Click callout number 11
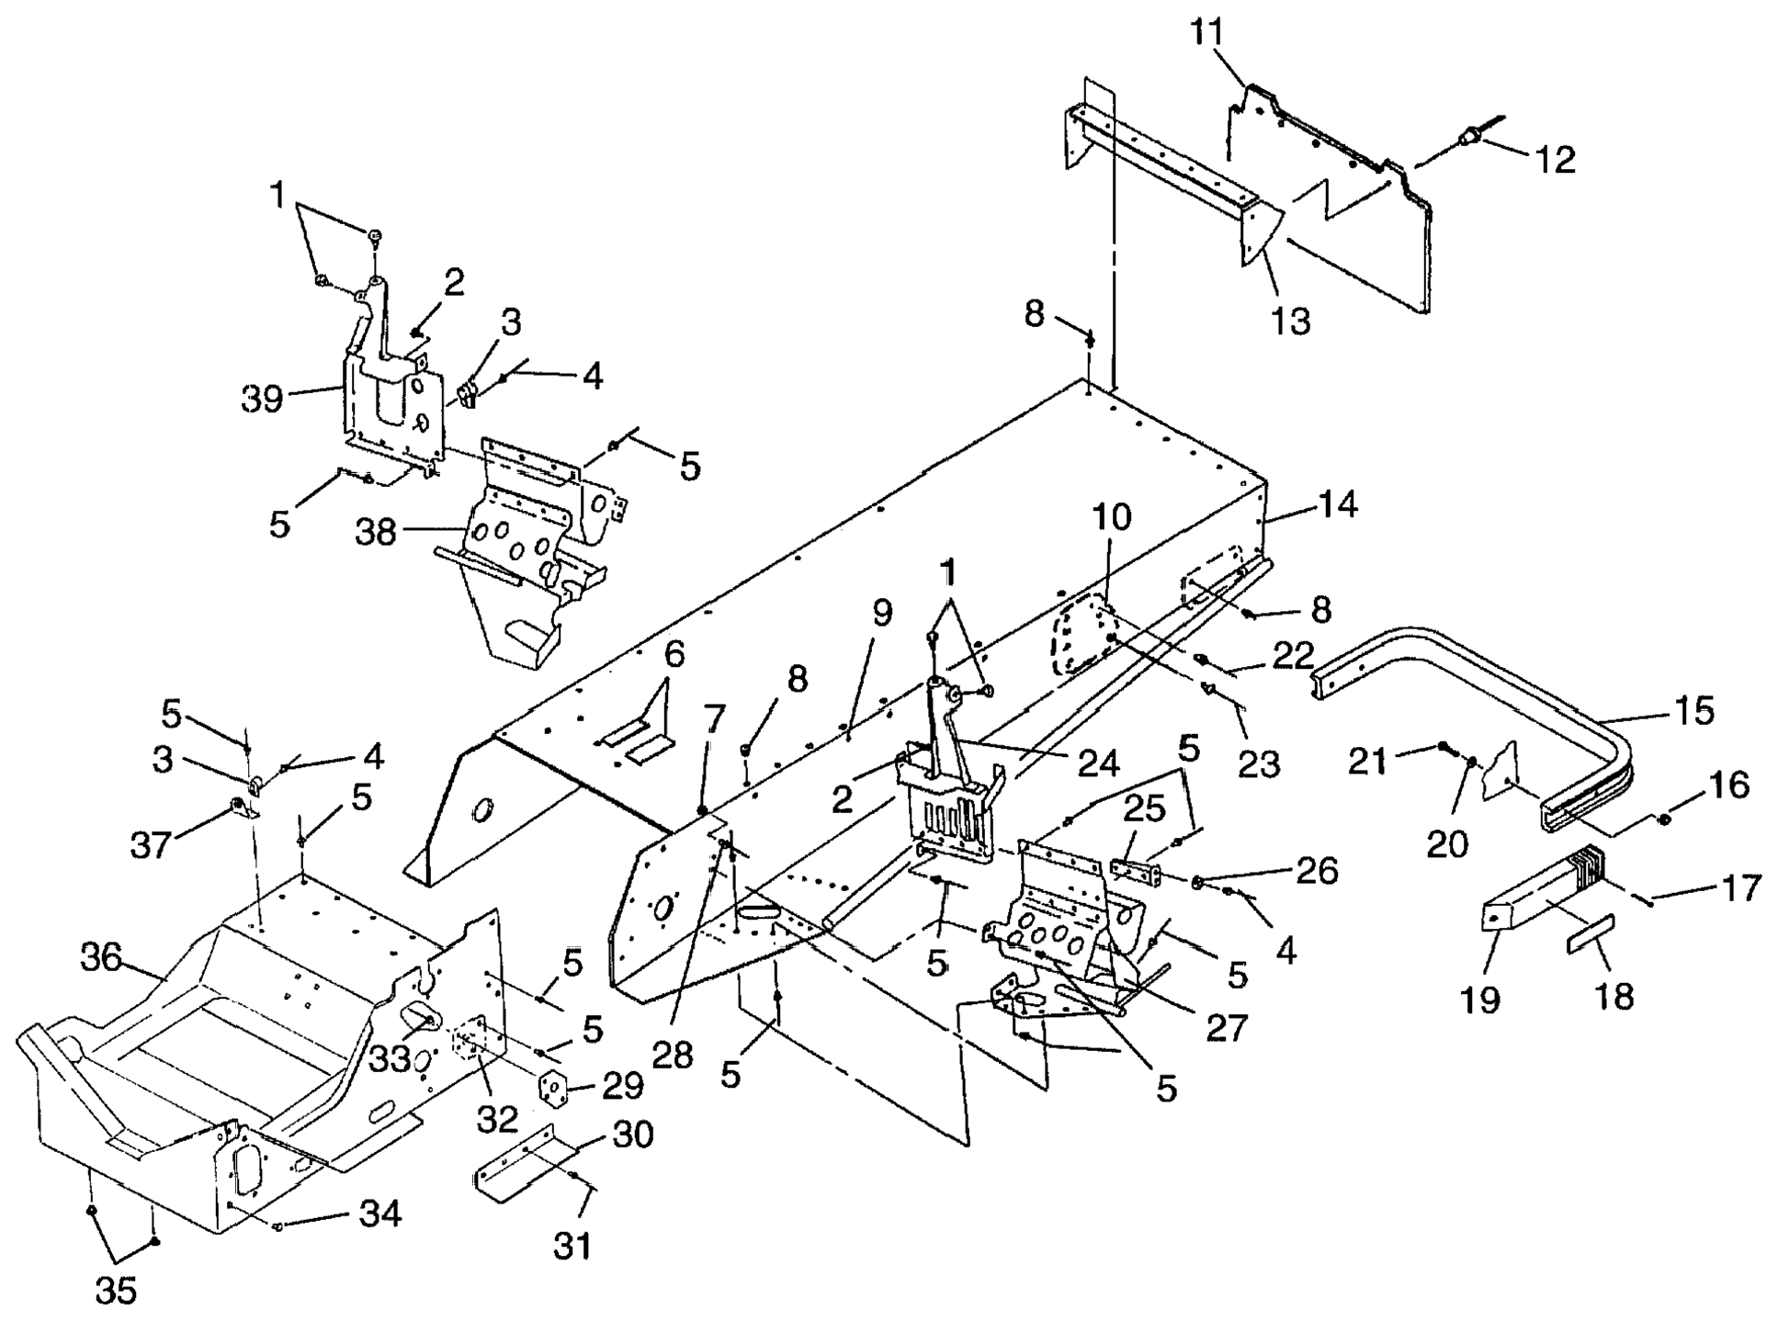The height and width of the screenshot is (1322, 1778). point(1207,33)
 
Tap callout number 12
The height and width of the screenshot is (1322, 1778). point(1555,159)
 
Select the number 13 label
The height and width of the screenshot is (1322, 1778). point(1291,321)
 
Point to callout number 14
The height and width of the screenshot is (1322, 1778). point(1338,503)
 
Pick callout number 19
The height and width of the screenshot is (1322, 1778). point(1480,999)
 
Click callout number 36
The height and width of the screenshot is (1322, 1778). point(101,957)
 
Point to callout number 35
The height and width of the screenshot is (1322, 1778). point(116,1290)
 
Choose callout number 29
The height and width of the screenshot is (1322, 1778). point(622,1086)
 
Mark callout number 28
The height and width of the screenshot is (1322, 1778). point(672,1055)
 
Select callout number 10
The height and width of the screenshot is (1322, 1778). point(1112,517)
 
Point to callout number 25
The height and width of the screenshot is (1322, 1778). point(1144,808)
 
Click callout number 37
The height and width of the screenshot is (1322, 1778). point(151,843)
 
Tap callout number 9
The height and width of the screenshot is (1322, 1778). point(882,613)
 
